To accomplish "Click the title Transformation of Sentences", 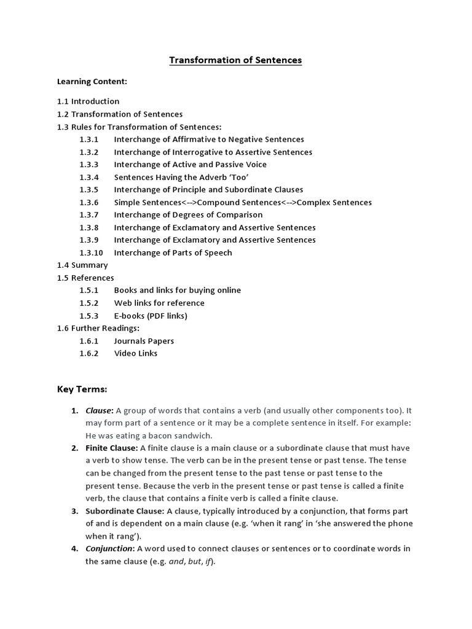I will [x=235, y=60].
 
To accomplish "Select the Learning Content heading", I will [x=92, y=81].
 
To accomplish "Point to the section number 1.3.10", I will [x=91, y=252].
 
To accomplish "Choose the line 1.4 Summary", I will [x=82, y=265].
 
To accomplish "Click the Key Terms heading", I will [x=82, y=389].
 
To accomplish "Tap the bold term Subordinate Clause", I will [x=124, y=511].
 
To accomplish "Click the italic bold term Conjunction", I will [x=109, y=549].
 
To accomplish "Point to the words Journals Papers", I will [x=144, y=341].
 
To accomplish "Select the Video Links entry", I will [x=135, y=353].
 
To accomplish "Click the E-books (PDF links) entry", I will [x=151, y=316].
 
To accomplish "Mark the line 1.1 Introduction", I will [x=88, y=101].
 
